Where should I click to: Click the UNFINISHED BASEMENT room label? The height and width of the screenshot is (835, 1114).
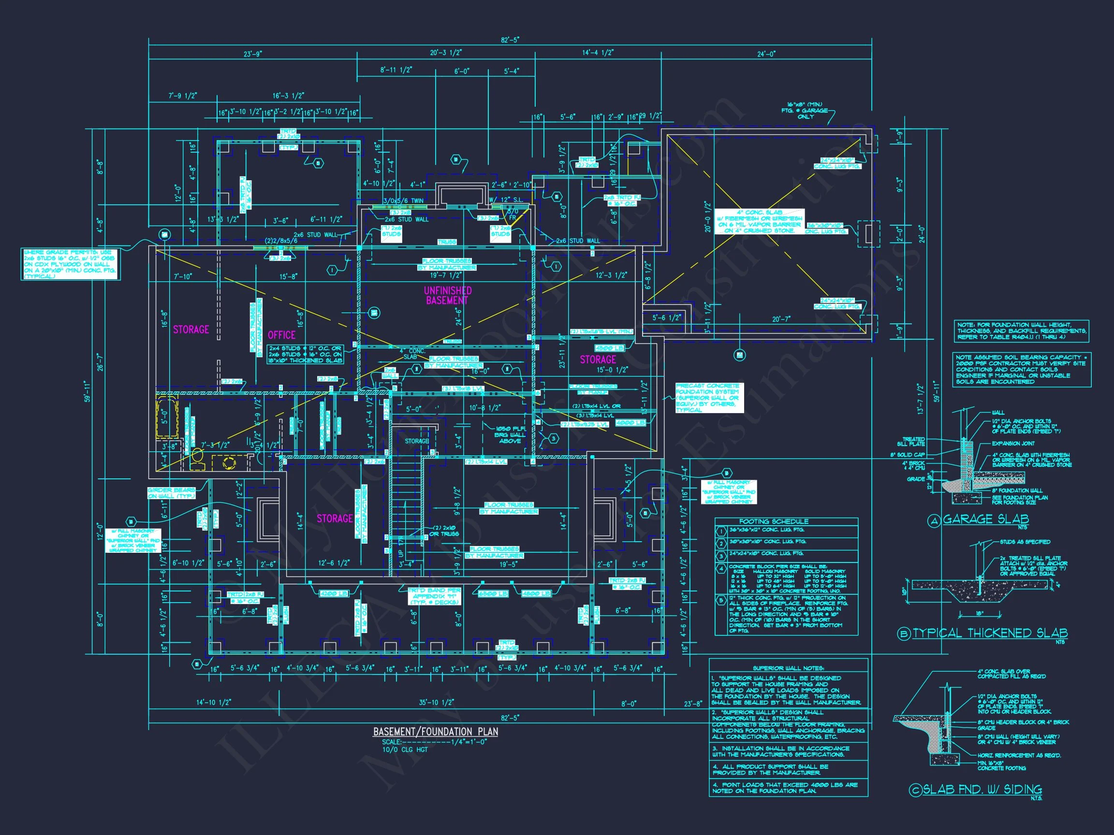pyautogui.click(x=447, y=295)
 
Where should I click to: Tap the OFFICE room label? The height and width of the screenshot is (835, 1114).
pyautogui.click(x=281, y=335)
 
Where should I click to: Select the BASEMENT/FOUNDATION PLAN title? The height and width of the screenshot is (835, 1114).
pyautogui.click(x=435, y=732)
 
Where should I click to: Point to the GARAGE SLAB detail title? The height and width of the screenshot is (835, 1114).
pyautogui.click(x=985, y=519)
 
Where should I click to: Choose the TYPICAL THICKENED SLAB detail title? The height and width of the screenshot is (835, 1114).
pyautogui.click(x=990, y=633)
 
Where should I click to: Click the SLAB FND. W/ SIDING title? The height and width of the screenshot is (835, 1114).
pyautogui.click(x=982, y=790)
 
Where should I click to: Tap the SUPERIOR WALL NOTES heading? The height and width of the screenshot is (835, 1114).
pyautogui.click(x=788, y=668)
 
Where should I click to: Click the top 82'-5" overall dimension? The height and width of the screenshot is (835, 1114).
pyautogui.click(x=510, y=40)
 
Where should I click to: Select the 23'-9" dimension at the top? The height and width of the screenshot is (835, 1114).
pyautogui.click(x=253, y=54)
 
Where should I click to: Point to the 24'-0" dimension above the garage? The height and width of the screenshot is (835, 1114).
pyautogui.click(x=766, y=54)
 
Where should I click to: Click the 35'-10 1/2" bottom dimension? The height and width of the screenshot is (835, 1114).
pyautogui.click(x=437, y=702)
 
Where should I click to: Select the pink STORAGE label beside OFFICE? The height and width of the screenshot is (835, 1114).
pyautogui.click(x=191, y=330)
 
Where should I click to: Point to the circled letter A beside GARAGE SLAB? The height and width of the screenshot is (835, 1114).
pyautogui.click(x=934, y=521)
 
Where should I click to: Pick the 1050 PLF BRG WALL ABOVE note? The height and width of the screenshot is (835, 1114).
pyautogui.click(x=510, y=435)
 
